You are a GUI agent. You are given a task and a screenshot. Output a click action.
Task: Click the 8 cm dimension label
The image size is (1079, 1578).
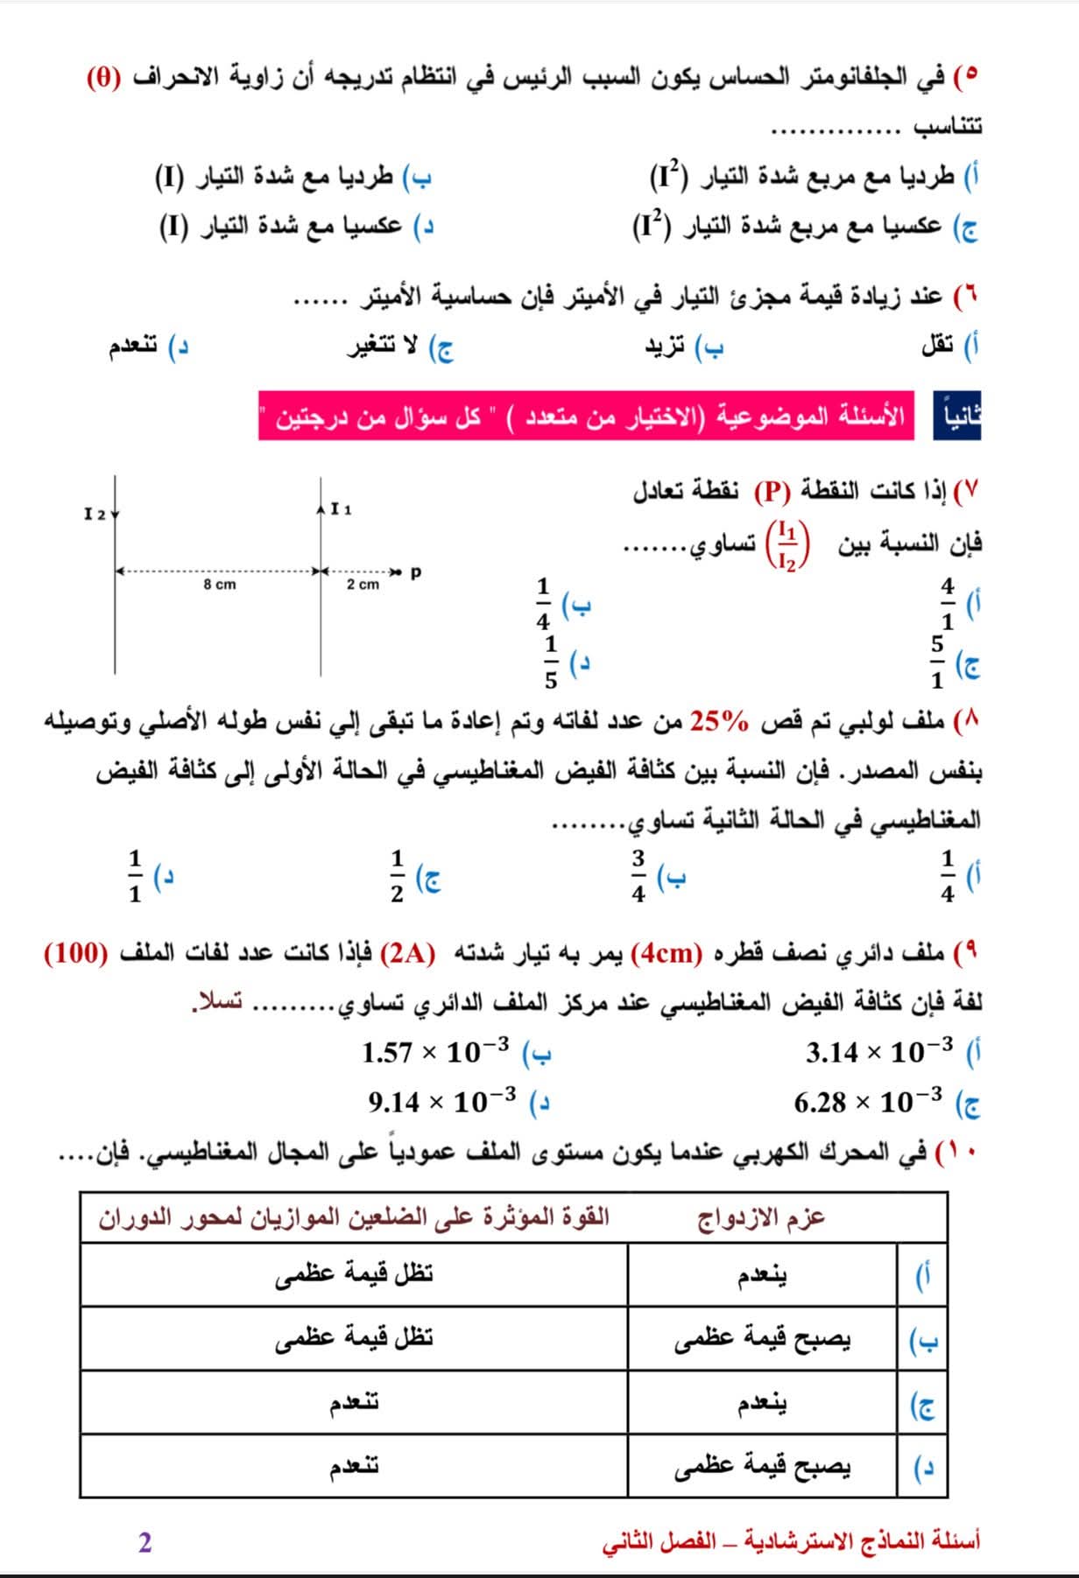(x=220, y=584)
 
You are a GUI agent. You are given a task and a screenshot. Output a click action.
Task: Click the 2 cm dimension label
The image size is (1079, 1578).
(x=363, y=584)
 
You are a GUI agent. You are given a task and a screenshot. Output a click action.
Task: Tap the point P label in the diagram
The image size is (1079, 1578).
(x=416, y=572)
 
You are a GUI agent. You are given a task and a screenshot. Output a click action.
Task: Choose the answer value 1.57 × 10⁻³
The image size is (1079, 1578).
(x=435, y=1051)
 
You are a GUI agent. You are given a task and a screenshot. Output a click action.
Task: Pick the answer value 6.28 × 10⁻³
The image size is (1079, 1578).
(x=868, y=1100)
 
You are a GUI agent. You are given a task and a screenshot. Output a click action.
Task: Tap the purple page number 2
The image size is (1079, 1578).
(x=145, y=1542)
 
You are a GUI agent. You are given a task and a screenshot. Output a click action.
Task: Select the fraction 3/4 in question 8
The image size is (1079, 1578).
(x=638, y=875)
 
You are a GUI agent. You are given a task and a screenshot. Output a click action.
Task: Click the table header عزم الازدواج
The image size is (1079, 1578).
(x=761, y=1217)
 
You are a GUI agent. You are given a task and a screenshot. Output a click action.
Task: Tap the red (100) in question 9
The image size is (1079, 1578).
(x=77, y=953)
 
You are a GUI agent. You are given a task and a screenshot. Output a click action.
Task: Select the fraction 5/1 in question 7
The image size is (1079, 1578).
(x=937, y=662)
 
